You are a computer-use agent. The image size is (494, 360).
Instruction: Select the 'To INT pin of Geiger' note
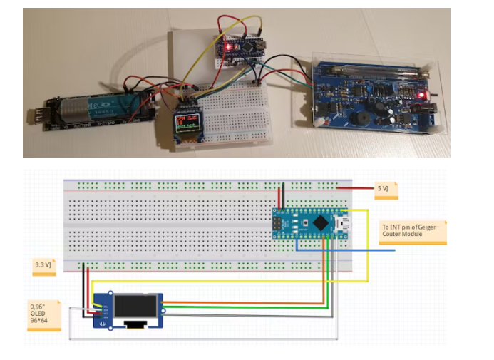[x=413, y=232]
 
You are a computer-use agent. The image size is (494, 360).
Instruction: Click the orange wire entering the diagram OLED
[x=235, y=303]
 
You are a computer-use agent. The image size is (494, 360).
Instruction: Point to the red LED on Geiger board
[x=423, y=94]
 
